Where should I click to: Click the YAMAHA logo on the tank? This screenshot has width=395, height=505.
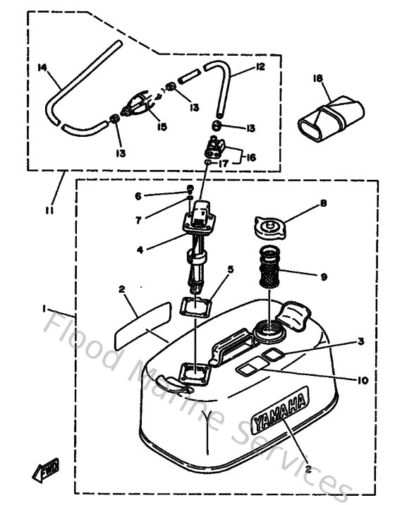(280, 412)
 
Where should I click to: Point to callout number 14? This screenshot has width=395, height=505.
(42, 67)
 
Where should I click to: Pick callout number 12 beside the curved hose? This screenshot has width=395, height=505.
(261, 66)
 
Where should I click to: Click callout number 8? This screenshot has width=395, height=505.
(323, 203)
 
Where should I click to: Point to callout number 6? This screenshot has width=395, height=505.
(139, 195)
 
